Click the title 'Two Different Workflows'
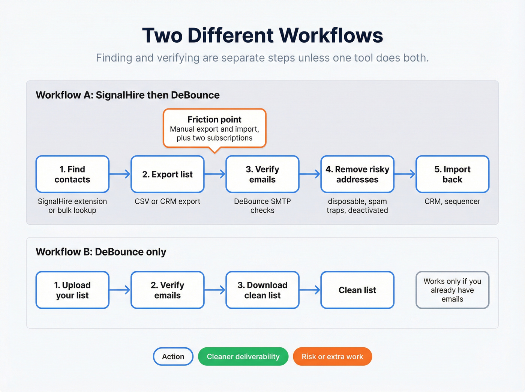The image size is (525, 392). [262, 35]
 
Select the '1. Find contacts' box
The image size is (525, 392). [72, 174]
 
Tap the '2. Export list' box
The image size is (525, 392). [167, 174]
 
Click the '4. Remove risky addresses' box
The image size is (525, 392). [357, 174]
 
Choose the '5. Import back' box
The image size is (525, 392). [452, 174]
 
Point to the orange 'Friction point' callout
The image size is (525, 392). [214, 128]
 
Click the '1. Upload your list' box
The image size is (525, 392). [72, 290]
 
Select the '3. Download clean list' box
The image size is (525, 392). [262, 290]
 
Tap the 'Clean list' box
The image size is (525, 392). [357, 290]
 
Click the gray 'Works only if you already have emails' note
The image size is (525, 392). [452, 290]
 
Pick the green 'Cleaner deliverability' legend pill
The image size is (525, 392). [243, 356]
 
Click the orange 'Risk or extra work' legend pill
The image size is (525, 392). [332, 356]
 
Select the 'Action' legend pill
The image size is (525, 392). [173, 356]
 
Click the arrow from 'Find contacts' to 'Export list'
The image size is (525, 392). [120, 174]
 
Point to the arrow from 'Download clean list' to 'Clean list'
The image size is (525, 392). [310, 290]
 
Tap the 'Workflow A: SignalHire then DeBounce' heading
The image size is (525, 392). [127, 95]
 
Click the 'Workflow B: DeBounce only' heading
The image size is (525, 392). [101, 252]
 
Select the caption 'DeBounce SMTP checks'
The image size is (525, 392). [262, 206]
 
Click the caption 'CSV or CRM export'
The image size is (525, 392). [167, 201]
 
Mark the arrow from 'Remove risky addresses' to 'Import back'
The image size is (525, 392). [405, 174]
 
